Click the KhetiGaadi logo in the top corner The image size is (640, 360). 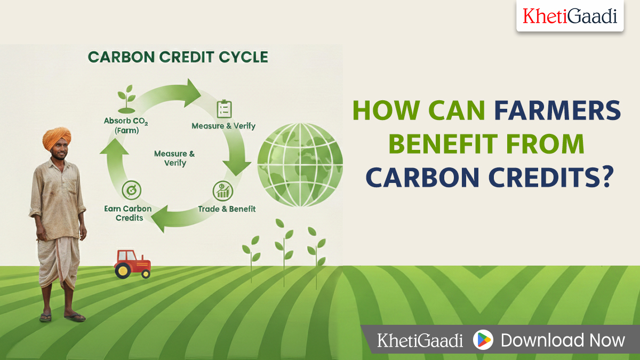570,16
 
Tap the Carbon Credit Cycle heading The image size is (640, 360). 178,57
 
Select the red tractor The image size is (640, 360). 133,263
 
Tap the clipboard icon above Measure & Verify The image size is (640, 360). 224,109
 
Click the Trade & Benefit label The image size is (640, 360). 227,209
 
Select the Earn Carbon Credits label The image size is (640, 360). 128,213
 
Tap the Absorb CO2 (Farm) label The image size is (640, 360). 126,125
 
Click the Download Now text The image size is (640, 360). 563,340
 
